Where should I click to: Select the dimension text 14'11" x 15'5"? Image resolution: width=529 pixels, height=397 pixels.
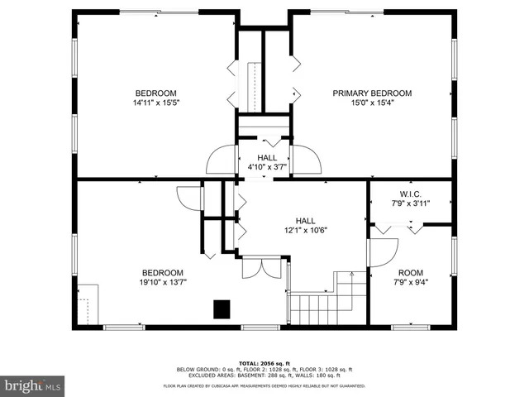click(x=156, y=103)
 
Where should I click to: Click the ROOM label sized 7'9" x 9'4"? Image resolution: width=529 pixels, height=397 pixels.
click(x=410, y=272)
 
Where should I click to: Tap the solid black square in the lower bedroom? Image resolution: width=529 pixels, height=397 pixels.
click(x=222, y=309)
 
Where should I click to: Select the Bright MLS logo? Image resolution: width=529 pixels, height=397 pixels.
click(x=33, y=385)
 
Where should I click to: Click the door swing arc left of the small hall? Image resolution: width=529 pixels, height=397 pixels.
click(x=222, y=160)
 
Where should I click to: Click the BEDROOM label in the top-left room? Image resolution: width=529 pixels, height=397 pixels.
click(x=156, y=93)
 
